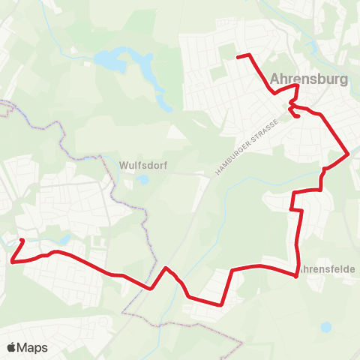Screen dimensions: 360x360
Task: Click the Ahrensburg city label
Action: (x=308, y=78)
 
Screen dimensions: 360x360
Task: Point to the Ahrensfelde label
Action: (x=327, y=268)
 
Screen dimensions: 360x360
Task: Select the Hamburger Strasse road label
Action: (x=246, y=148)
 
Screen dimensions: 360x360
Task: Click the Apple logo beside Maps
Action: (x=11, y=347)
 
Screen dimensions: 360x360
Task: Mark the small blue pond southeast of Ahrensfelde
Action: (x=325, y=327)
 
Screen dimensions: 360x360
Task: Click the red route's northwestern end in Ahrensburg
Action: (x=238, y=56)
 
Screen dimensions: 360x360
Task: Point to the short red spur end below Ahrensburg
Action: (x=299, y=116)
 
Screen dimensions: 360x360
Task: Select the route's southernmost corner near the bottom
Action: (x=219, y=304)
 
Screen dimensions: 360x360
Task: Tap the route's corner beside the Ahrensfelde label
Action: (x=297, y=275)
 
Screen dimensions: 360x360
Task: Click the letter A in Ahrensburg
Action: (x=274, y=78)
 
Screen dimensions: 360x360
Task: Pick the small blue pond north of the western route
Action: (x=64, y=240)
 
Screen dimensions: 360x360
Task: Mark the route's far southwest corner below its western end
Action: (x=13, y=261)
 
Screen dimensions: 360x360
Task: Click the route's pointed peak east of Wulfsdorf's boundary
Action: (x=166, y=268)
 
